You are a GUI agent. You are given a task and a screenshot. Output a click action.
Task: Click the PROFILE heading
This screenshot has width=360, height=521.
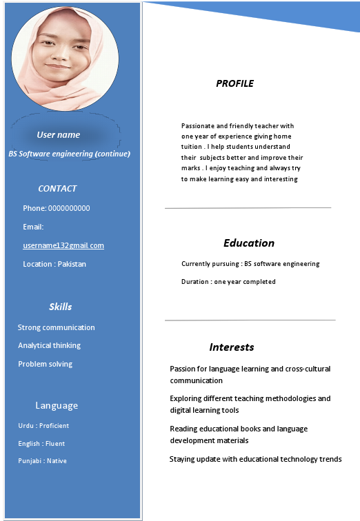click(234, 83)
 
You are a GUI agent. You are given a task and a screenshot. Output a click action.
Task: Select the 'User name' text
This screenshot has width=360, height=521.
click(58, 134)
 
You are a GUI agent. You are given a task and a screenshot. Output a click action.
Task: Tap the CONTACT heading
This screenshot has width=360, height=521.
click(57, 188)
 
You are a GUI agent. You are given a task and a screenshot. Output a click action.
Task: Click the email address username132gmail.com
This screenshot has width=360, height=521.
click(63, 245)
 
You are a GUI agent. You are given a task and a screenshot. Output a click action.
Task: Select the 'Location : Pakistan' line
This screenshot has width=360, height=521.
click(54, 264)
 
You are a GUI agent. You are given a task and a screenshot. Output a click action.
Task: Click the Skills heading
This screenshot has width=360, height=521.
click(60, 306)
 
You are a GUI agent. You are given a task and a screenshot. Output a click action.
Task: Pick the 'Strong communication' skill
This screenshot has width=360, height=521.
click(56, 327)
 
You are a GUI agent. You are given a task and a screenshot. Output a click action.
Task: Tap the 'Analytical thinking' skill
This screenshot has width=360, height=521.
click(49, 345)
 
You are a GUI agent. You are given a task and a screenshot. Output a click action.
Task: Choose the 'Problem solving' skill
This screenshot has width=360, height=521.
click(45, 364)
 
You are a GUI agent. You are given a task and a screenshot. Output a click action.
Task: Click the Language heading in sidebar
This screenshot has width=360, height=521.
click(57, 405)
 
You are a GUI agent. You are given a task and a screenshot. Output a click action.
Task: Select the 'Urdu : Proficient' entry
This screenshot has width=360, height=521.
click(43, 426)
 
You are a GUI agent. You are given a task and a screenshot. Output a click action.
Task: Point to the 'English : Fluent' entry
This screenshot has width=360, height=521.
click(41, 444)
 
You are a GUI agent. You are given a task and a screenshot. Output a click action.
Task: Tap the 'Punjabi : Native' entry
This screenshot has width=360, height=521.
click(42, 461)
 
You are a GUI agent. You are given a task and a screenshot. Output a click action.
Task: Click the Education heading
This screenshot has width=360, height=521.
click(248, 243)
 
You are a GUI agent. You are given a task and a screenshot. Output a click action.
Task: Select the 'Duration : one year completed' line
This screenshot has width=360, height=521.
click(228, 281)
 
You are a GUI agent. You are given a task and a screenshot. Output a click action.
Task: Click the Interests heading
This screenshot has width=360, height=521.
click(232, 347)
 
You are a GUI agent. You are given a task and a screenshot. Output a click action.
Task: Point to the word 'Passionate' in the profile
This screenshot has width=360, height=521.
click(199, 126)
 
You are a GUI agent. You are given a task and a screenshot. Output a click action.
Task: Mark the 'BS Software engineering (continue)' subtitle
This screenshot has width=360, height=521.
click(69, 154)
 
